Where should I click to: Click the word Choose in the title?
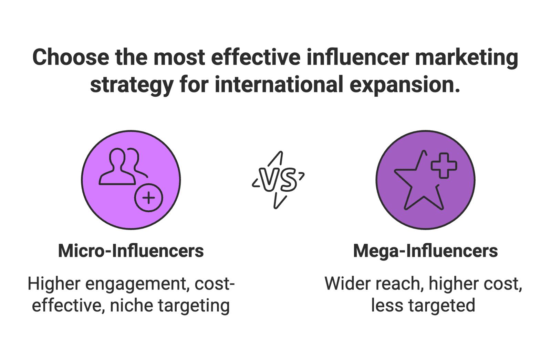[70, 57]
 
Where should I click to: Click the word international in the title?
[279, 85]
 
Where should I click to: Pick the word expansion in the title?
[405, 85]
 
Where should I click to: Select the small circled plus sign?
[149, 198]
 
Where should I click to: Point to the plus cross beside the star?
[444, 166]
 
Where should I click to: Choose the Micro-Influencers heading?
[131, 251]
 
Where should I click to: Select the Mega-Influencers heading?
[426, 251]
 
